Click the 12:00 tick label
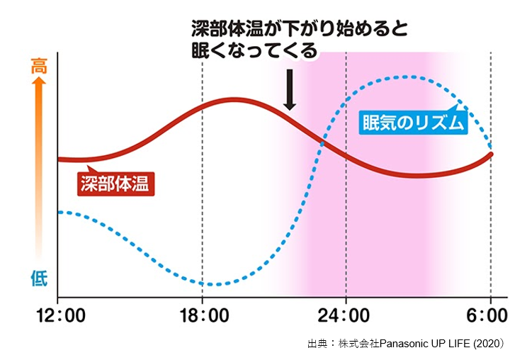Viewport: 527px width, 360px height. pyautogui.click(x=58, y=315)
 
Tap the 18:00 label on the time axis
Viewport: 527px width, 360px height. pyautogui.click(x=202, y=315)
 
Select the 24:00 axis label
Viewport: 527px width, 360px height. pyautogui.click(x=346, y=315)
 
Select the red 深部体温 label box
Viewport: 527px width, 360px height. pyautogui.click(x=115, y=184)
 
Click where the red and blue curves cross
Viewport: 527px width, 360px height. pyautogui.click(x=322, y=142)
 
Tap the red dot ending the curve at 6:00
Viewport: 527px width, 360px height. pyautogui.click(x=491, y=154)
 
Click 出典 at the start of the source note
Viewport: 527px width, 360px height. pyautogui.click(x=316, y=344)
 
